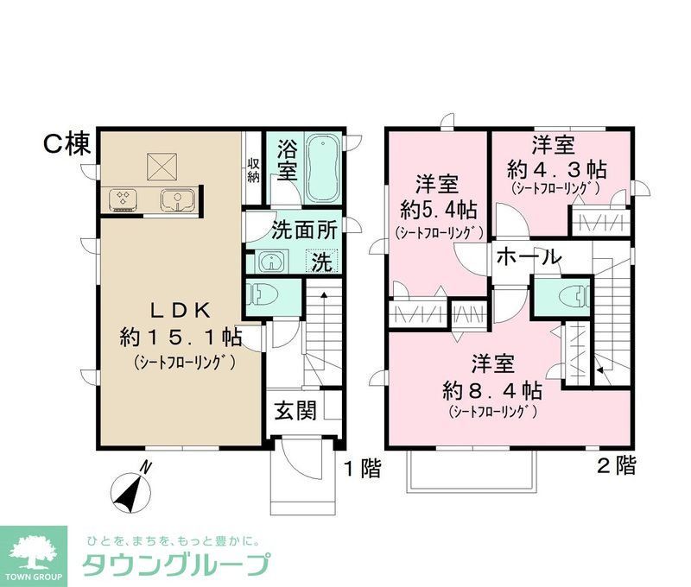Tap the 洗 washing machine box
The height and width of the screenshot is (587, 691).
point(320,262)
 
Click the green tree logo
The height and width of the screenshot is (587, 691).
point(33,551)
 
